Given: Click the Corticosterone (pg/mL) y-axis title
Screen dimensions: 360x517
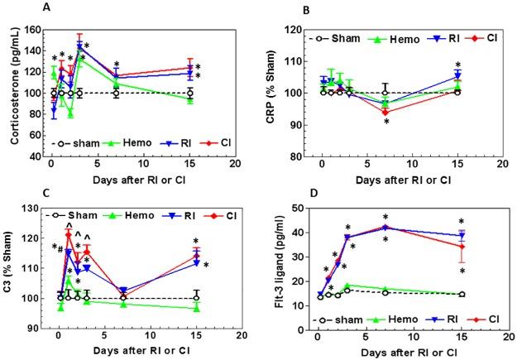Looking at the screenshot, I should tap(11, 92).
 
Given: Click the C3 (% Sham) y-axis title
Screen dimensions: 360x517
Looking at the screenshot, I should tap(11, 269).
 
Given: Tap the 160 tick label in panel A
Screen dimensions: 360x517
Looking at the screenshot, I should tap(33, 30).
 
